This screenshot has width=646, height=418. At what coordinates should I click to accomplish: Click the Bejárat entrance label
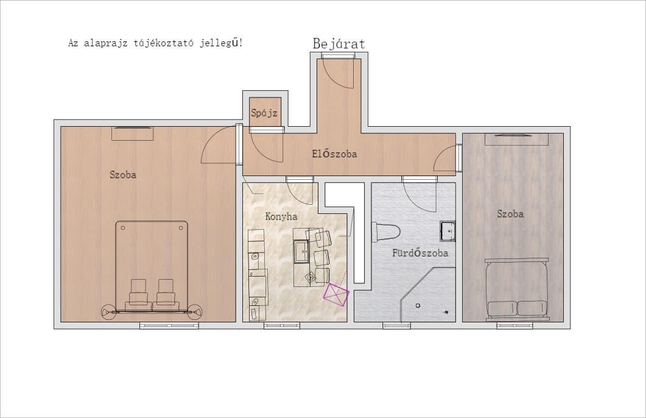[x=339, y=44]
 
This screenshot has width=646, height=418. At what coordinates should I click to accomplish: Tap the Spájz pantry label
[x=264, y=113]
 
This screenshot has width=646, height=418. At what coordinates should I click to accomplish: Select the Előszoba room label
[x=334, y=154]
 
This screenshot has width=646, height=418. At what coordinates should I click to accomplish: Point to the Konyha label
[x=281, y=216]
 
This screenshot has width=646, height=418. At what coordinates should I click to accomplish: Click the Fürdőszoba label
[x=420, y=252]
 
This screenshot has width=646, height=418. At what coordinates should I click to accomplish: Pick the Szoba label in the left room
[x=123, y=174]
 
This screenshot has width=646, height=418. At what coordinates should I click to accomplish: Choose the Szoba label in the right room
[x=510, y=213]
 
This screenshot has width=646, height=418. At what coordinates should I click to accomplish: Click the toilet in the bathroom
[x=385, y=233]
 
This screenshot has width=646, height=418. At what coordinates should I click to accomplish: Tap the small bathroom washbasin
[x=448, y=231]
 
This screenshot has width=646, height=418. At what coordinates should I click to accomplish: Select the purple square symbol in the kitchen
[x=335, y=294]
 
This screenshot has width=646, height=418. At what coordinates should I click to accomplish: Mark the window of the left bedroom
[x=169, y=325]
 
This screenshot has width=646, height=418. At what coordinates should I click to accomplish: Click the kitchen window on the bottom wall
[x=282, y=325]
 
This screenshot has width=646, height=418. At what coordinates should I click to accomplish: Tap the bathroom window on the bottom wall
[x=396, y=325]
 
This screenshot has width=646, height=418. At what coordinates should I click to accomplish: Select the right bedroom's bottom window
[x=514, y=325]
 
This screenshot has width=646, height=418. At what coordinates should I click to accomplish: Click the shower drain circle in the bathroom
[x=418, y=305]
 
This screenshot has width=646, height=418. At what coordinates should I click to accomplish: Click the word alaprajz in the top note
[x=105, y=43]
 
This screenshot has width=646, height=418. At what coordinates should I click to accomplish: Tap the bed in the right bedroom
[x=517, y=289]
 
